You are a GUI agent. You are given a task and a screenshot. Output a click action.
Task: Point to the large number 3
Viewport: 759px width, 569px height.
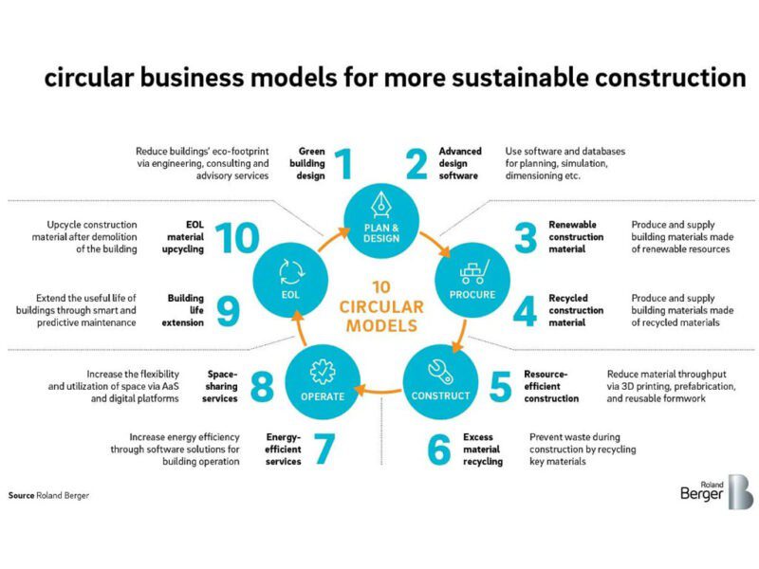[x=526, y=237]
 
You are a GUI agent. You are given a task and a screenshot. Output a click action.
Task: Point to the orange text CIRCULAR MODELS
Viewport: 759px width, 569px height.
[x=379, y=317]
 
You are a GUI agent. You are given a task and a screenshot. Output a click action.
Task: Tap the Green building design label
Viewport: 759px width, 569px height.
[x=312, y=163]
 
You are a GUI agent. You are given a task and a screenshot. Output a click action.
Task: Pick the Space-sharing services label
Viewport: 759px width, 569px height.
[x=222, y=387]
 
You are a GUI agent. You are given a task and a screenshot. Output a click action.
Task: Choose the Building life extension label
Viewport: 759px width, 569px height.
[x=186, y=310]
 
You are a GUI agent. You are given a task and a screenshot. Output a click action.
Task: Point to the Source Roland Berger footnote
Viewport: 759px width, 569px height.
[x=49, y=495]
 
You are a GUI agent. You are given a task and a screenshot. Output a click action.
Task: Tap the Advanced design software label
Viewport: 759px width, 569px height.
[x=460, y=163]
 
